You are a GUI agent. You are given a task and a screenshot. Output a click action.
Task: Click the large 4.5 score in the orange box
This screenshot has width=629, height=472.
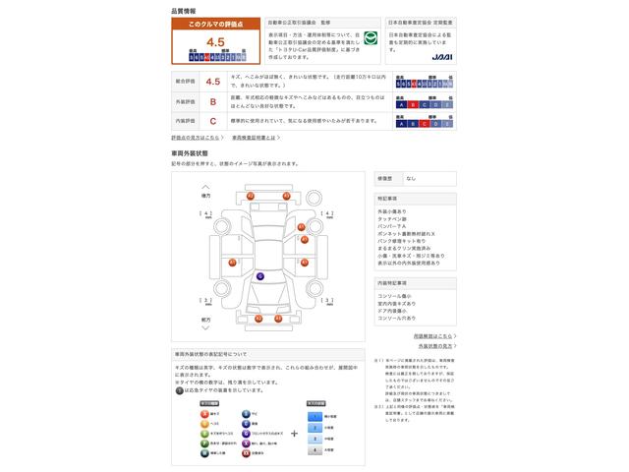coord(216,42)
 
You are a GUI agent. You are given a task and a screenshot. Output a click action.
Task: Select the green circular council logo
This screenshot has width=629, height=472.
coord(370,38)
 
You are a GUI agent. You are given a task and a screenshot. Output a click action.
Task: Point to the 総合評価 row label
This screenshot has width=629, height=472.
coord(185,83)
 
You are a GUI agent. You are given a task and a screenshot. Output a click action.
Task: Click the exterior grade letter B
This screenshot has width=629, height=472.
coord(213,100)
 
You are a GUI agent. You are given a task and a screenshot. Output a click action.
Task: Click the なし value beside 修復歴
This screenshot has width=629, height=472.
coord(411,178)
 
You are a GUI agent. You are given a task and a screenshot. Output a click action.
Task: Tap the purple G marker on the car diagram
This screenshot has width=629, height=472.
coord(259,276)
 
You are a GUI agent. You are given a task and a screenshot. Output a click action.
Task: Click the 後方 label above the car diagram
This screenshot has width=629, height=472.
coord(205,197)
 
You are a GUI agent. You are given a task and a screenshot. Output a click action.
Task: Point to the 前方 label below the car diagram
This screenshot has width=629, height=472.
coord(205,320)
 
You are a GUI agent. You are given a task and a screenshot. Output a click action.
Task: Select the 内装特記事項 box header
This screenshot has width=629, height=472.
coord(392,282)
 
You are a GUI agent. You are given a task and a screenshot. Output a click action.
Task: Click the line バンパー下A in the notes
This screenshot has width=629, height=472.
coord(393,225)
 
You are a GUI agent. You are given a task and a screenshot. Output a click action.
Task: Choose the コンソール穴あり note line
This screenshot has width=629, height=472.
coord(397,319)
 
